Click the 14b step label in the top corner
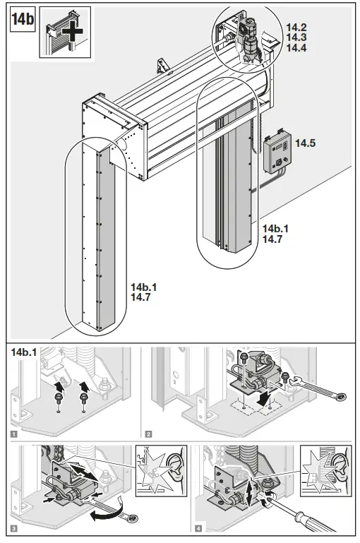pyautogui.click(x=22, y=19)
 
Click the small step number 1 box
pyautogui.click(x=15, y=433)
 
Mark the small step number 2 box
pyautogui.click(x=148, y=433)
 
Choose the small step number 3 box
pyautogui.click(x=15, y=529)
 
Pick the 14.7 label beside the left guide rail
pyautogui.click(x=141, y=298)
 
